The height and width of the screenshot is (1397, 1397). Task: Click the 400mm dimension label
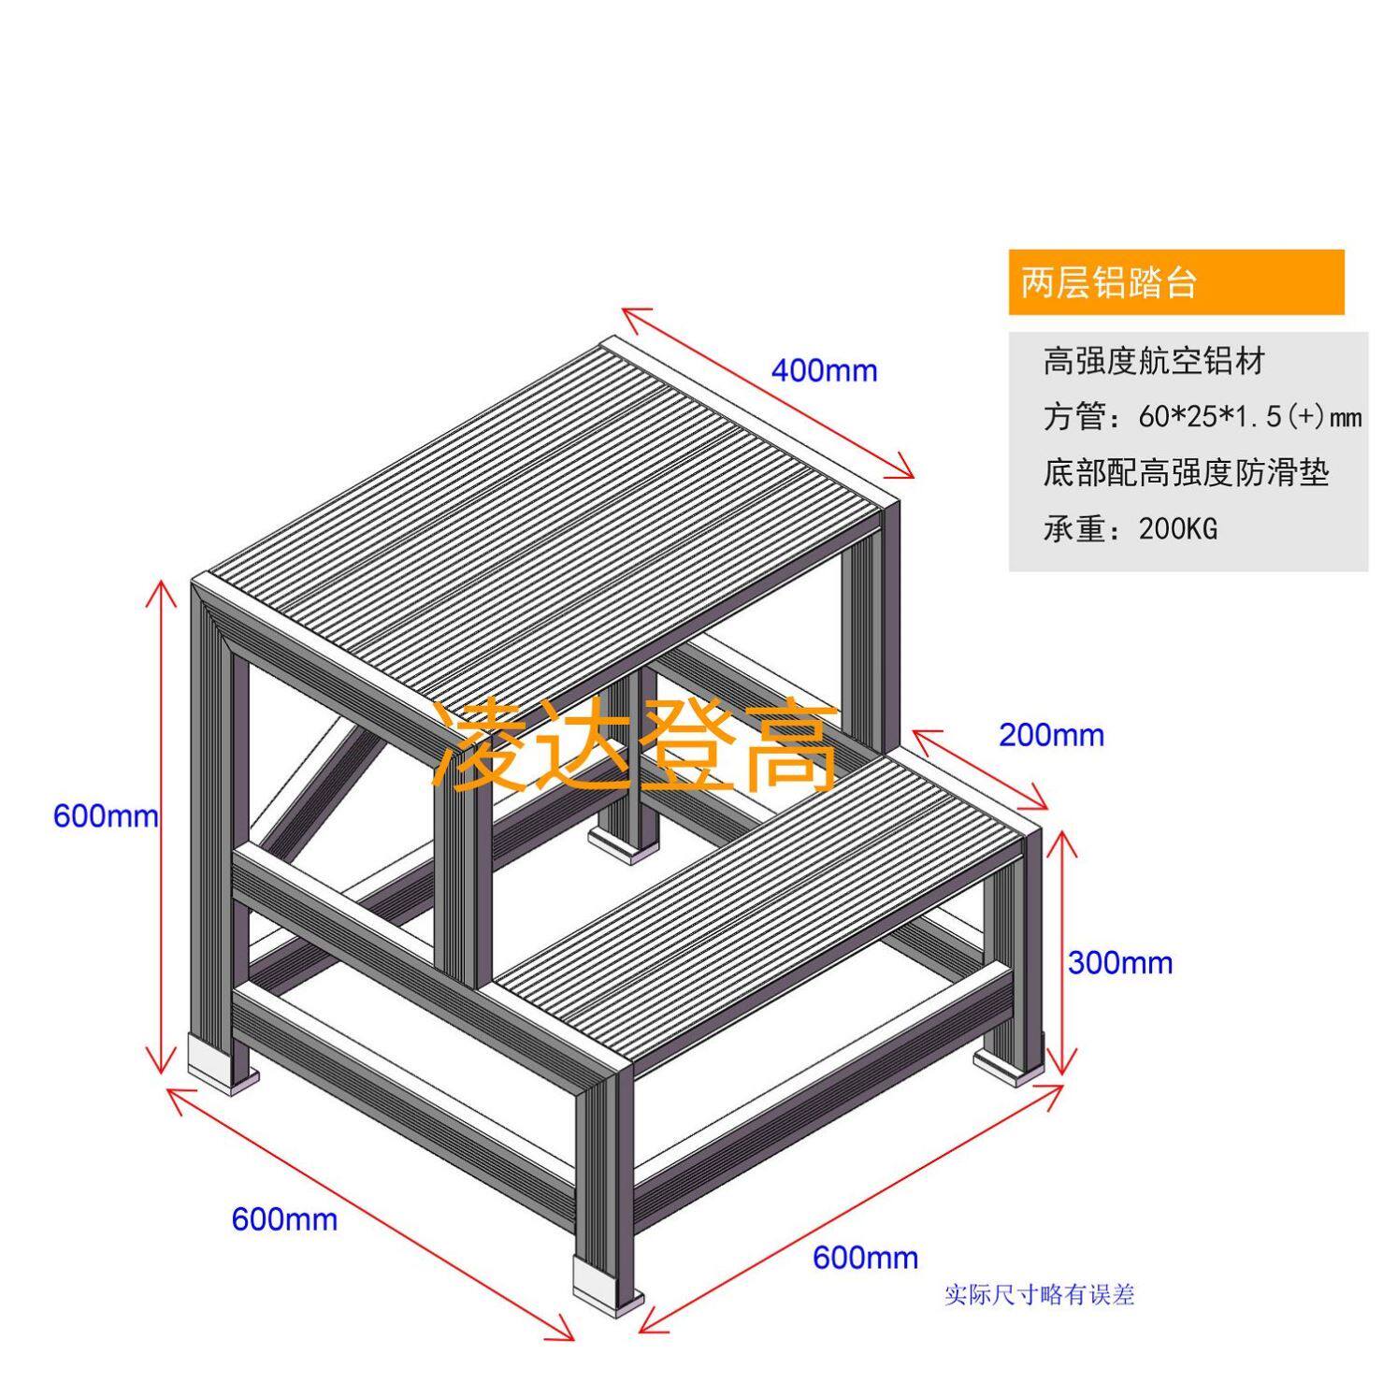824,371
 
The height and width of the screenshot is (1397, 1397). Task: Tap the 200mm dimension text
1051,736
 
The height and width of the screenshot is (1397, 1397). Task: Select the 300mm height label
1120,962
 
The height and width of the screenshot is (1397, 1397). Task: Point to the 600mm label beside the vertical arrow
105,816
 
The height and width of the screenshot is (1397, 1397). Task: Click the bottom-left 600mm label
284,1219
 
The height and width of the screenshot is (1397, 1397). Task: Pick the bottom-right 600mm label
865,1258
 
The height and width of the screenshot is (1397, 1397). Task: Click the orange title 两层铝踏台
1108,282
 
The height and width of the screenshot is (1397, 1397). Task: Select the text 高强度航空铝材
1154,361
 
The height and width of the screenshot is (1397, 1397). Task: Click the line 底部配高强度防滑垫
1186,473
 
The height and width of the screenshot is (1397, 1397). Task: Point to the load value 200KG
1178,529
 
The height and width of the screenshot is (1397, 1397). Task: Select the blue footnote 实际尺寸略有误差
1039,1295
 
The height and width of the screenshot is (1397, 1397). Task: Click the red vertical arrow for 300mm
1059,954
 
